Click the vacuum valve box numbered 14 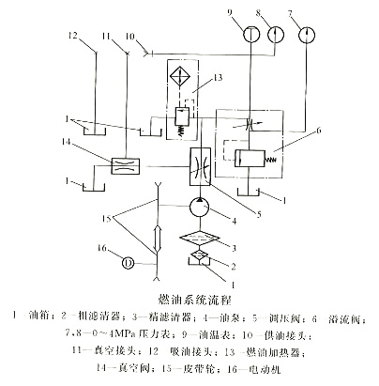click(120, 163)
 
